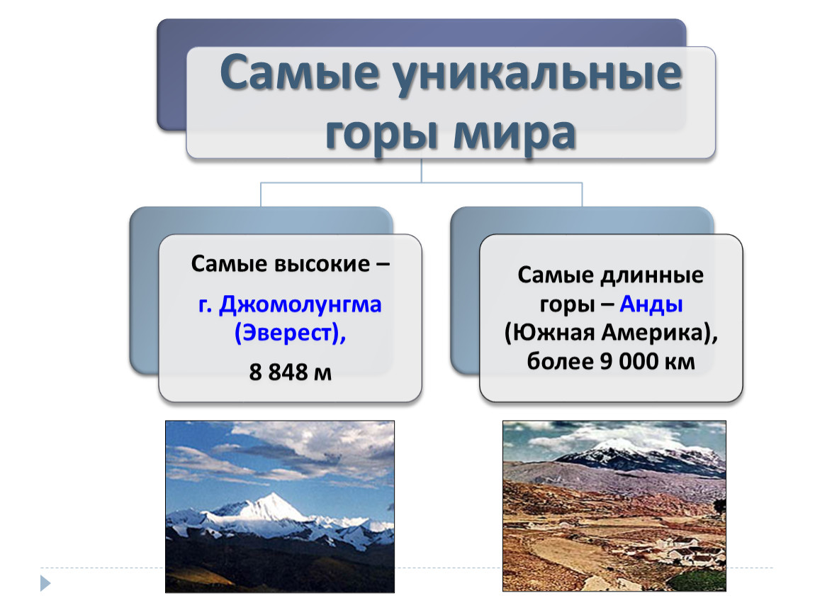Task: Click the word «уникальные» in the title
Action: click(537, 76)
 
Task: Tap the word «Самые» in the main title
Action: click(300, 72)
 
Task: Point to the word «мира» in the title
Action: click(515, 135)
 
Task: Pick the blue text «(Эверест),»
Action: click(290, 333)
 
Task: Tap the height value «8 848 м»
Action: click(290, 372)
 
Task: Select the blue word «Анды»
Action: click(651, 304)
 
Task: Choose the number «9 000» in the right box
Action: click(629, 362)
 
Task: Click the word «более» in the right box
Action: click(561, 362)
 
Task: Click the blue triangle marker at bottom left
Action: click(45, 582)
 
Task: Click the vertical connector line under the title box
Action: click(421, 170)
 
